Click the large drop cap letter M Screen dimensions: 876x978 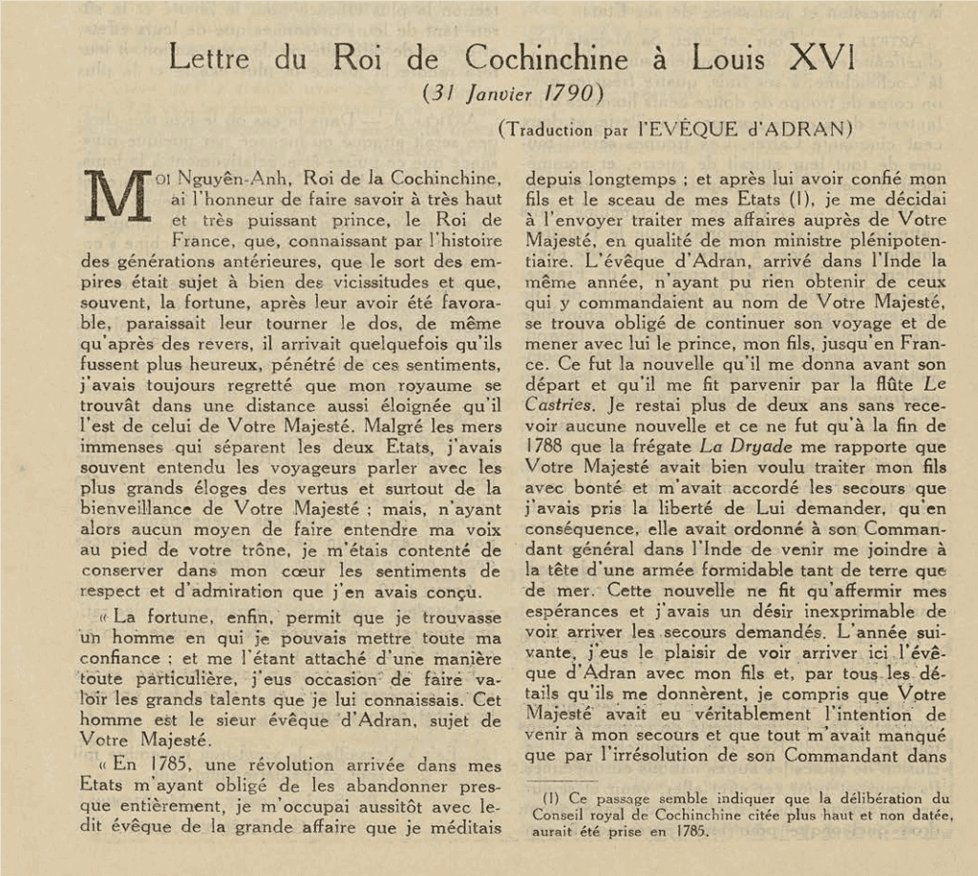[117, 196]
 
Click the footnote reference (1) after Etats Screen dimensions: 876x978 [792, 199]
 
